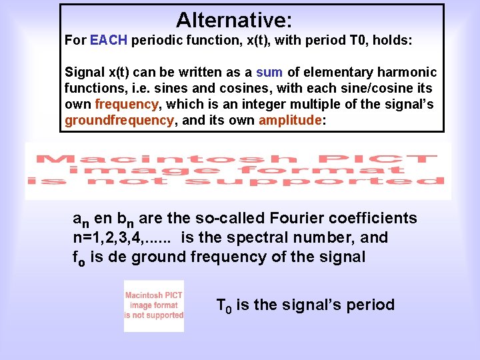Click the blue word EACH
coord(109,41)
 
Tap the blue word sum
coord(270,72)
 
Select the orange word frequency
coord(127,105)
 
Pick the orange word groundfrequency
coord(119,121)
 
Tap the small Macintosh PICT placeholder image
coord(154,305)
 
